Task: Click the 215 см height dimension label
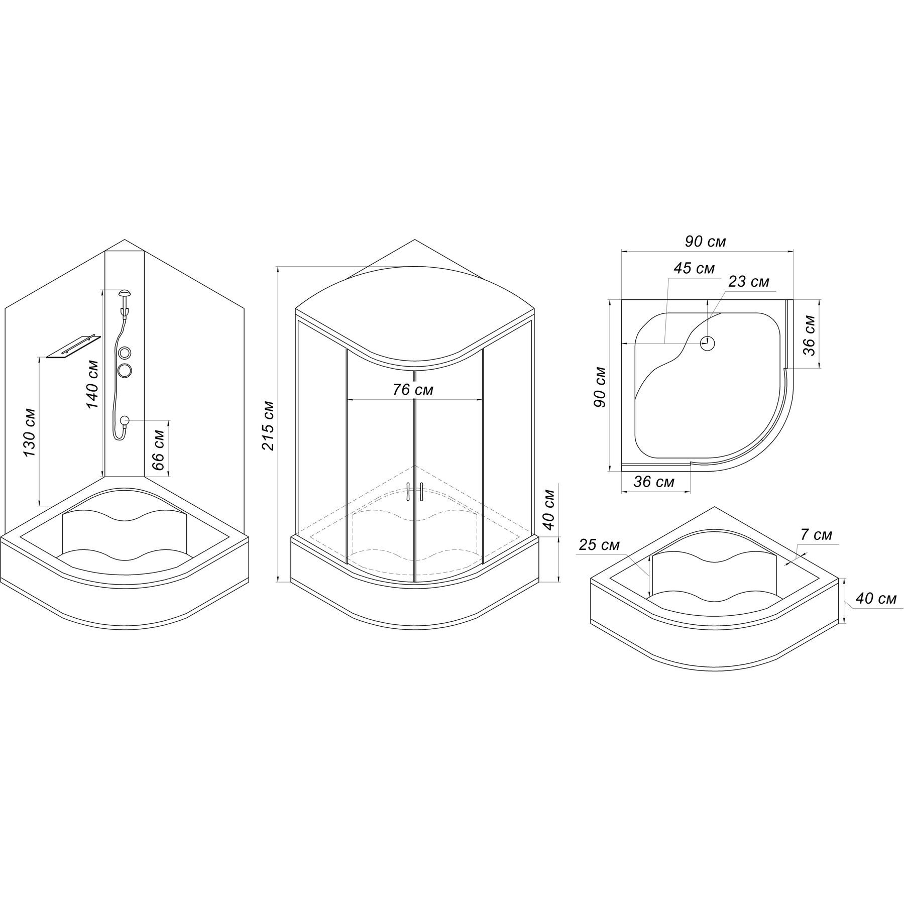pos(268,425)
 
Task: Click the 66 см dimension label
pos(158,449)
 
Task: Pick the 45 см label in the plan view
pos(694,268)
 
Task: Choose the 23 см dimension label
pos(748,282)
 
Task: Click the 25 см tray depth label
pos(599,545)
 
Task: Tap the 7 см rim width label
pos(816,535)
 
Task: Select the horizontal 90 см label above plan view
pos(706,242)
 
